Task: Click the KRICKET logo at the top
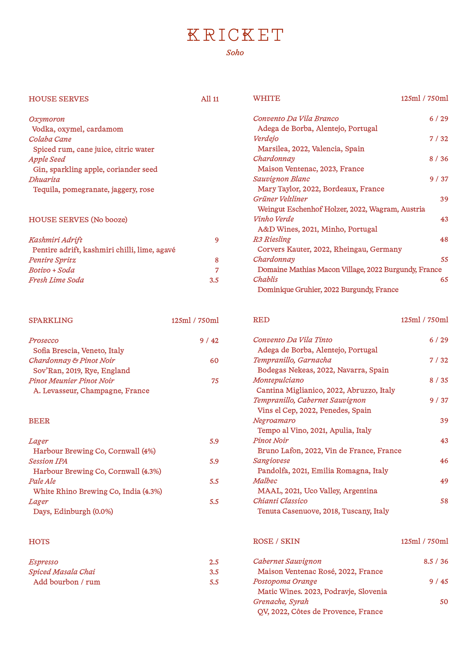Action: click(235, 35)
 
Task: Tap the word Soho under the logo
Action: click(235, 53)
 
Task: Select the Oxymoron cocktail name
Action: click(47, 119)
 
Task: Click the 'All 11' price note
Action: click(210, 99)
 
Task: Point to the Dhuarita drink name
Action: click(44, 179)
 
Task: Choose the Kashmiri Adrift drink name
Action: click(55, 240)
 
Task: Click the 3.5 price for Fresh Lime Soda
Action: click(214, 280)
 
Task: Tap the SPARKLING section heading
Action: click(51, 320)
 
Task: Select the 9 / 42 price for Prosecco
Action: click(209, 340)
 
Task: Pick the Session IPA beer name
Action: click(48, 461)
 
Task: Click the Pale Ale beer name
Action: click(42, 481)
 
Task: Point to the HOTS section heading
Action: click(39, 541)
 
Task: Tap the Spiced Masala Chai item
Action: click(62, 572)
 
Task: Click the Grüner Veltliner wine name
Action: click(280, 199)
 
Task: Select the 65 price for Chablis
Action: click(444, 279)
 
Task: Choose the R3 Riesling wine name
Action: click(272, 239)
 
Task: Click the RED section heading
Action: click(261, 320)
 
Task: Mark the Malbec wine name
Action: click(265, 481)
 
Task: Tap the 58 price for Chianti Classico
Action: click(444, 501)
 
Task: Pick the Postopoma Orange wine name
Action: click(285, 581)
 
